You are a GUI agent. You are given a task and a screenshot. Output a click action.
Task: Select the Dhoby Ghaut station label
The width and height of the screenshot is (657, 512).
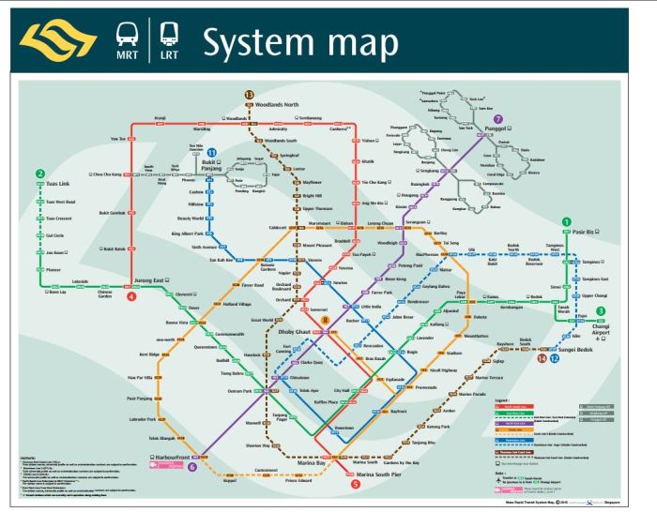coord(296,330)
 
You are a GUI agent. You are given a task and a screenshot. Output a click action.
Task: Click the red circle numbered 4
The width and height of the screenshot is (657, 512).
coord(131,296)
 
